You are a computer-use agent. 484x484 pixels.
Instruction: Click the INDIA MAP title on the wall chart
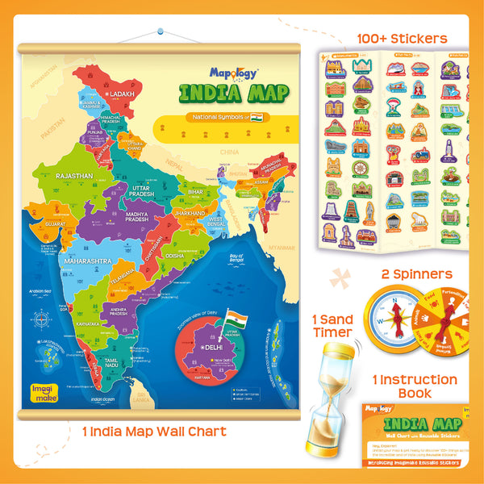click(233, 93)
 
